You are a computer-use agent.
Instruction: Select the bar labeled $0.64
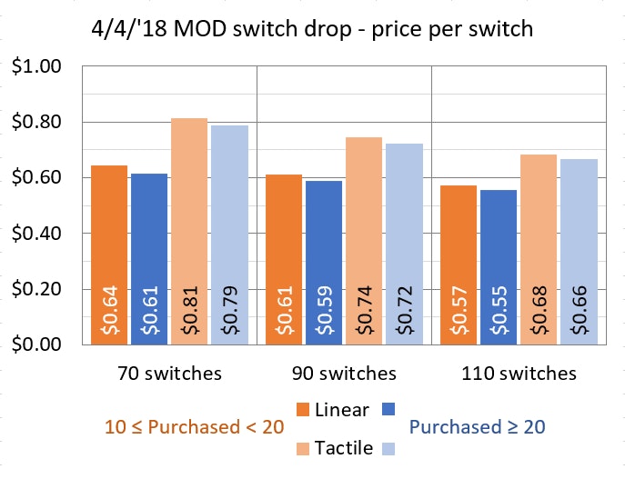(x=109, y=254)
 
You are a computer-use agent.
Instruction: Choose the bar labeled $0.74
(x=364, y=240)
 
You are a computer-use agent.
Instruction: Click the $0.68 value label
(x=539, y=312)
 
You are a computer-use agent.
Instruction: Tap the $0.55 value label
(x=499, y=312)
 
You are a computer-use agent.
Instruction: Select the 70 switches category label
(x=169, y=374)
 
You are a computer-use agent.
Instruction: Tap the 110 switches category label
(x=519, y=374)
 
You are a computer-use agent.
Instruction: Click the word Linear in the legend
(x=341, y=409)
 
